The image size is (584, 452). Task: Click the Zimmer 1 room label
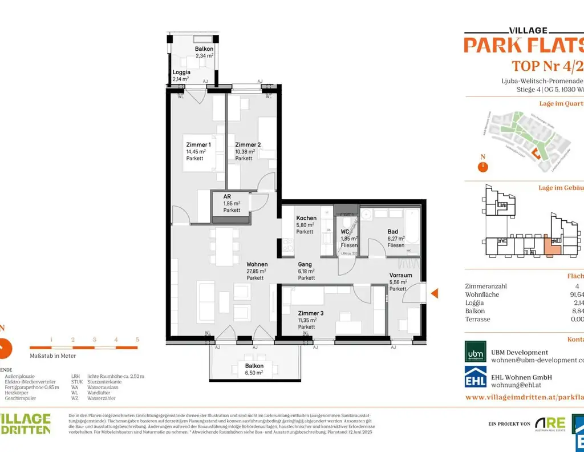point(198,145)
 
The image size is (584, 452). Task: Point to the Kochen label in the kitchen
point(306,218)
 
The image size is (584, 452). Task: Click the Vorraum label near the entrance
point(400,275)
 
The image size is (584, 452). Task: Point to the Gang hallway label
point(305,264)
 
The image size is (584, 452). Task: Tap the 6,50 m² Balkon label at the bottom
point(254,373)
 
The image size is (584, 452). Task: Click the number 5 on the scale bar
point(137,340)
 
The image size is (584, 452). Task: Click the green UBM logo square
point(476,352)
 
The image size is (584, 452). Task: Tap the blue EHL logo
point(476,377)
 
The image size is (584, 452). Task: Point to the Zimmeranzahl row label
point(486,286)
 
